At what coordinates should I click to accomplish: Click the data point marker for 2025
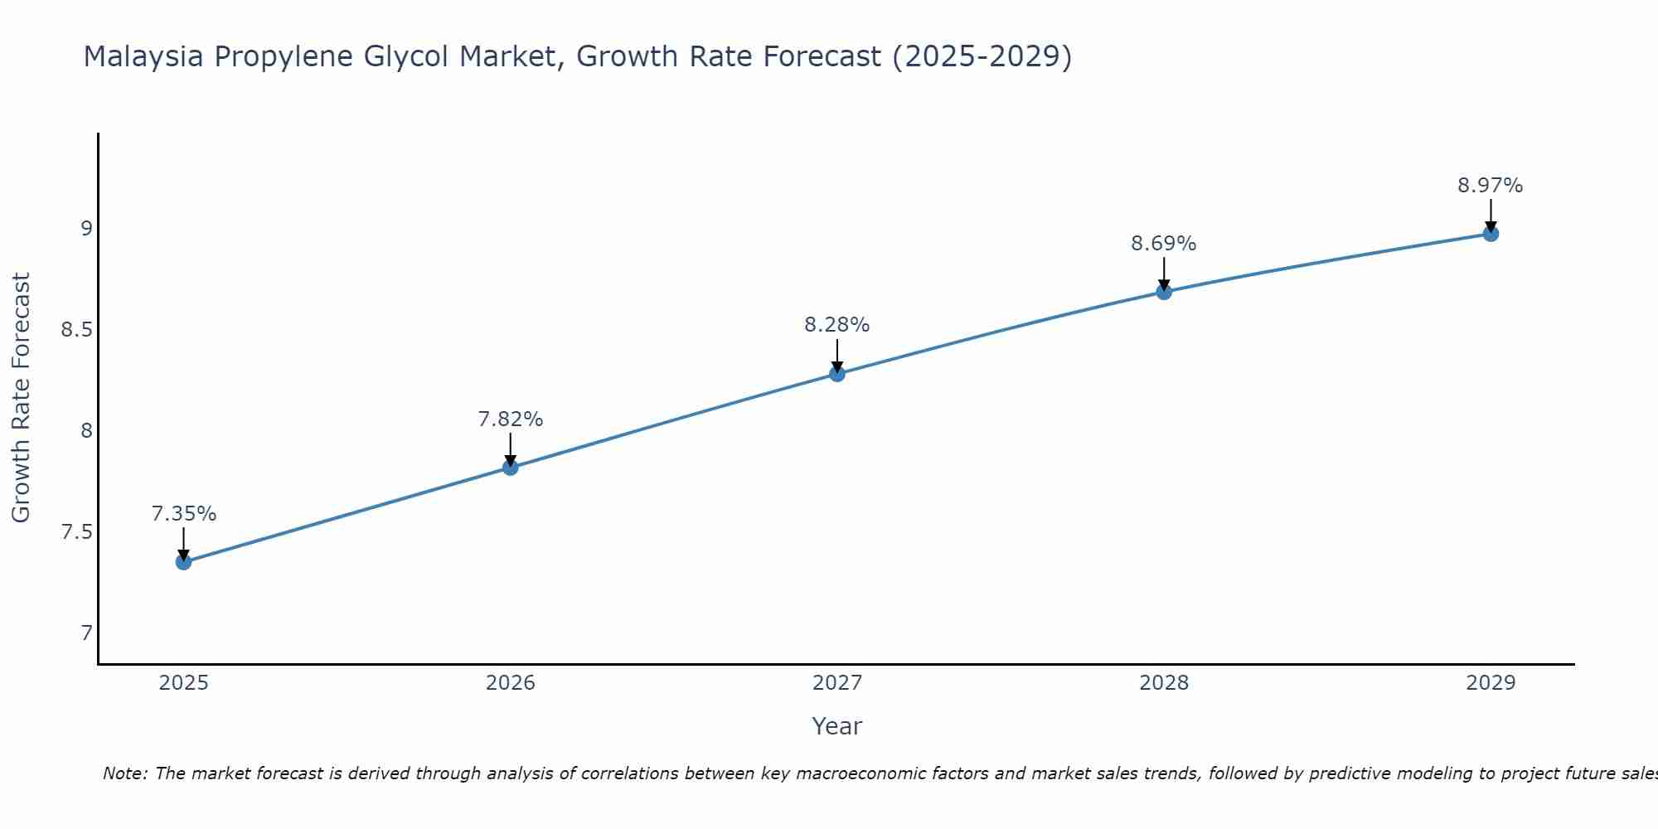click(x=183, y=562)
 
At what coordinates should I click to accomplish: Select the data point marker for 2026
click(x=510, y=468)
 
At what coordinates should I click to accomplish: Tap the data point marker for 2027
click(x=836, y=374)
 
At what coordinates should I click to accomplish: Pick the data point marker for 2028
click(x=1163, y=292)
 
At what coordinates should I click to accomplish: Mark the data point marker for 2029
click(x=1490, y=234)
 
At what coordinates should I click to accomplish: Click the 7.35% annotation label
click(x=183, y=514)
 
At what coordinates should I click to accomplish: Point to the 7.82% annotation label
click(x=510, y=419)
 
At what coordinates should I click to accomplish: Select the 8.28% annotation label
click(x=836, y=325)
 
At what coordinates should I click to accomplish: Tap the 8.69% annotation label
click(x=1163, y=244)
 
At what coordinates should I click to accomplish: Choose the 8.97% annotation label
click(x=1490, y=186)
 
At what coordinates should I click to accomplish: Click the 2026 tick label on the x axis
click(x=510, y=683)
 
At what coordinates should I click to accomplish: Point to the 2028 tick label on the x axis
click(x=1163, y=683)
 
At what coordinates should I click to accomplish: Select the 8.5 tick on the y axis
click(x=76, y=330)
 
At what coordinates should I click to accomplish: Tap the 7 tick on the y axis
click(x=86, y=633)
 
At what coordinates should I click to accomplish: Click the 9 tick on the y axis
click(x=86, y=228)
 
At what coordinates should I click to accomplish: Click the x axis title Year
click(x=836, y=726)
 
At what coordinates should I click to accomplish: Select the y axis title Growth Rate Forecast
click(x=21, y=397)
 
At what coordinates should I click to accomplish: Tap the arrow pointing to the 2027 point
click(x=836, y=355)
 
